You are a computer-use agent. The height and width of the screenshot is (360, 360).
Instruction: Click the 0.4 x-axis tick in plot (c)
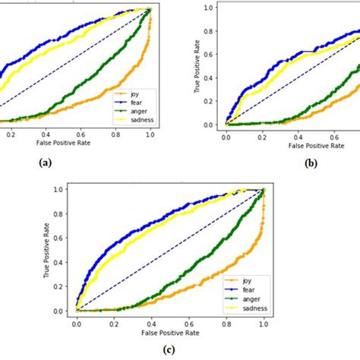click(151, 322)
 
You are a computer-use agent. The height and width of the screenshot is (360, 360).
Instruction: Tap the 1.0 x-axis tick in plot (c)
click(263, 322)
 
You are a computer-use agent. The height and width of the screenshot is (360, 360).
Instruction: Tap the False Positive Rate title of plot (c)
click(170, 332)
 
